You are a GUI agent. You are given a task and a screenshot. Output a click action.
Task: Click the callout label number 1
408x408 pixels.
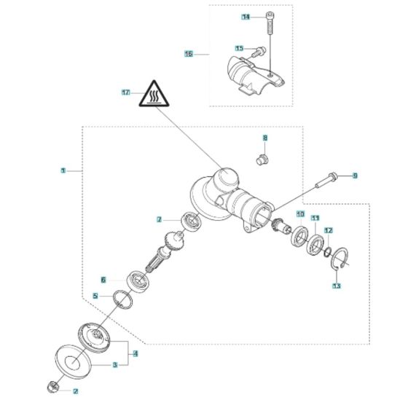tap(63, 170)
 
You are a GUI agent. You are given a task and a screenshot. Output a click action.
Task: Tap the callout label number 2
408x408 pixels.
tap(74, 391)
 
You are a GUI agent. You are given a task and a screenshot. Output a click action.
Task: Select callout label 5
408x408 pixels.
tap(95, 296)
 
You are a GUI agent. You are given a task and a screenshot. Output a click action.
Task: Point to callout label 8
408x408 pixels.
tap(265, 137)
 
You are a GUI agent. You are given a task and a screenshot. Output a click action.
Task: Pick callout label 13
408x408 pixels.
tap(336, 286)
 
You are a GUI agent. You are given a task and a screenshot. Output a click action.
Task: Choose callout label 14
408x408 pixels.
tap(245, 16)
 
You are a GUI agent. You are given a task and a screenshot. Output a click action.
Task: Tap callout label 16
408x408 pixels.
tap(188, 53)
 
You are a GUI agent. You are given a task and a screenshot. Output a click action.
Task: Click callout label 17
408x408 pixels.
tap(126, 93)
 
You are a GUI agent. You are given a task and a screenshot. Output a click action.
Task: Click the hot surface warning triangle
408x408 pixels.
tap(154, 95)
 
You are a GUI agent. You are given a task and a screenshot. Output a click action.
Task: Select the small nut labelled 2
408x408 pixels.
tap(52, 385)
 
